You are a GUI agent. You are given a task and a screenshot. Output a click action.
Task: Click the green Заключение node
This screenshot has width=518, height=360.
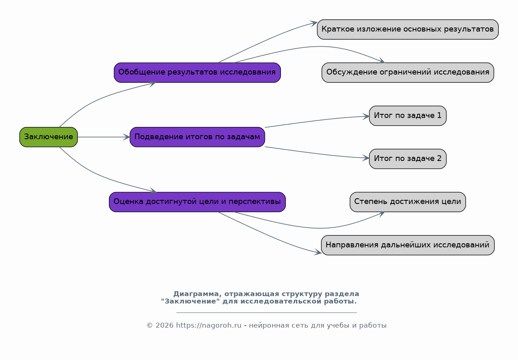tap(49, 137)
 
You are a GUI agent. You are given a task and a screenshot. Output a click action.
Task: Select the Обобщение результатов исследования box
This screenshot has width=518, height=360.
tap(197, 72)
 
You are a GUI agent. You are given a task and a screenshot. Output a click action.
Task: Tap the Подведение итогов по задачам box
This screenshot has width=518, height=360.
tap(197, 137)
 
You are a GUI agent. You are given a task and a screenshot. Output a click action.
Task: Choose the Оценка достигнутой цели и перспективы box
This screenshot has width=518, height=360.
tap(197, 202)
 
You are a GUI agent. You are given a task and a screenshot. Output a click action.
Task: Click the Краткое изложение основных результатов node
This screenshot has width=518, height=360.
tap(408, 29)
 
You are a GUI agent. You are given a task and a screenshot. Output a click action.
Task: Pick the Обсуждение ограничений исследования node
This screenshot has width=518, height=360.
tap(408, 72)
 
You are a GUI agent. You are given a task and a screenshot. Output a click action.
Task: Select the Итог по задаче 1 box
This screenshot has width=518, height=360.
tap(408, 115)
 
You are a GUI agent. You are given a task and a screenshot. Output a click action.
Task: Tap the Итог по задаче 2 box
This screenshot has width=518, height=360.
tap(408, 159)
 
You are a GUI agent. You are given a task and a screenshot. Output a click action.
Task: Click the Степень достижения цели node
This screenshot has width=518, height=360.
tap(408, 202)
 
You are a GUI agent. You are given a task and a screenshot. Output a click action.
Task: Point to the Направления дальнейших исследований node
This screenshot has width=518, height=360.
tap(408, 245)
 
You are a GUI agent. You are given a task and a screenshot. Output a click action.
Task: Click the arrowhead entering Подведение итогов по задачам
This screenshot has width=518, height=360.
tap(127, 137)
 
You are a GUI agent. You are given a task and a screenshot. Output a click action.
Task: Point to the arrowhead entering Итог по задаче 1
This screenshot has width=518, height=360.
tap(366, 116)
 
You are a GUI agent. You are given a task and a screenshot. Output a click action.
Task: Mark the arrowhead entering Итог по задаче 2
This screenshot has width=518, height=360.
tap(366, 158)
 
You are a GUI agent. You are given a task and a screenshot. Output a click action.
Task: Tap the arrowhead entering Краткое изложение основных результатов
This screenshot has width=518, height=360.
tap(314, 23)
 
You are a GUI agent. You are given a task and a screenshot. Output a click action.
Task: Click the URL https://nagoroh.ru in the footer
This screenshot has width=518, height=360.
tap(208, 325)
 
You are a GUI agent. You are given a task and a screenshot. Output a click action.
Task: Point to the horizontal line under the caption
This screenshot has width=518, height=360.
tap(267, 312)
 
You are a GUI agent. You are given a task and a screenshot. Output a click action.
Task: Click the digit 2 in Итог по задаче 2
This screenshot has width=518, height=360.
tap(439, 158)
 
